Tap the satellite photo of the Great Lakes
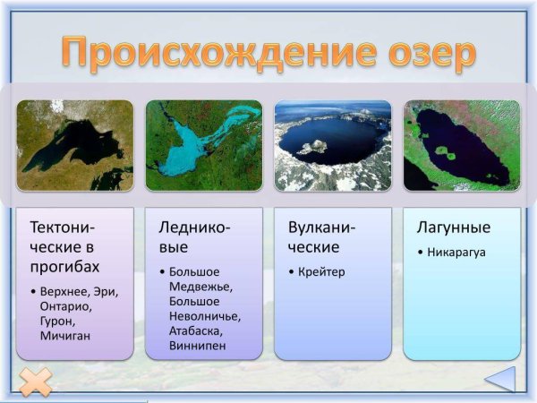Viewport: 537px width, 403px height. pyautogui.click(x=74, y=145)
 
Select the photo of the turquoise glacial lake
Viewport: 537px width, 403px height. pyautogui.click(x=203, y=145)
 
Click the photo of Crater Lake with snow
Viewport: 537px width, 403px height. pyautogui.click(x=332, y=145)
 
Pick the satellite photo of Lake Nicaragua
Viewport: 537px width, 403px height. pyautogui.click(x=461, y=145)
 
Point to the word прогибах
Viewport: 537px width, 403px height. pyautogui.click(x=64, y=267)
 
